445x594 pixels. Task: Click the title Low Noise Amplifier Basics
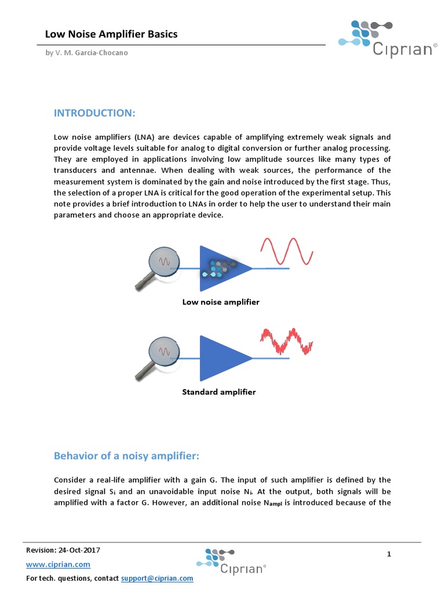pyautogui.click(x=111, y=34)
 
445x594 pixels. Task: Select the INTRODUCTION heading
pyautogui.click(x=94, y=113)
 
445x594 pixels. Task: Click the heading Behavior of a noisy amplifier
pyautogui.click(x=126, y=456)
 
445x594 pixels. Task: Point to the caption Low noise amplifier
pyautogui.click(x=221, y=302)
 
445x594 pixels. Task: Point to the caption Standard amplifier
pyautogui.click(x=219, y=392)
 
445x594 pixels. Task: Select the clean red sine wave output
pyautogui.click(x=287, y=249)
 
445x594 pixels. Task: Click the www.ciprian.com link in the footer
pyautogui.click(x=59, y=564)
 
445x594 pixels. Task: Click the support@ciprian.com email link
pyautogui.click(x=157, y=578)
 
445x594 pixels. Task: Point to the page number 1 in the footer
pyautogui.click(x=389, y=555)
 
